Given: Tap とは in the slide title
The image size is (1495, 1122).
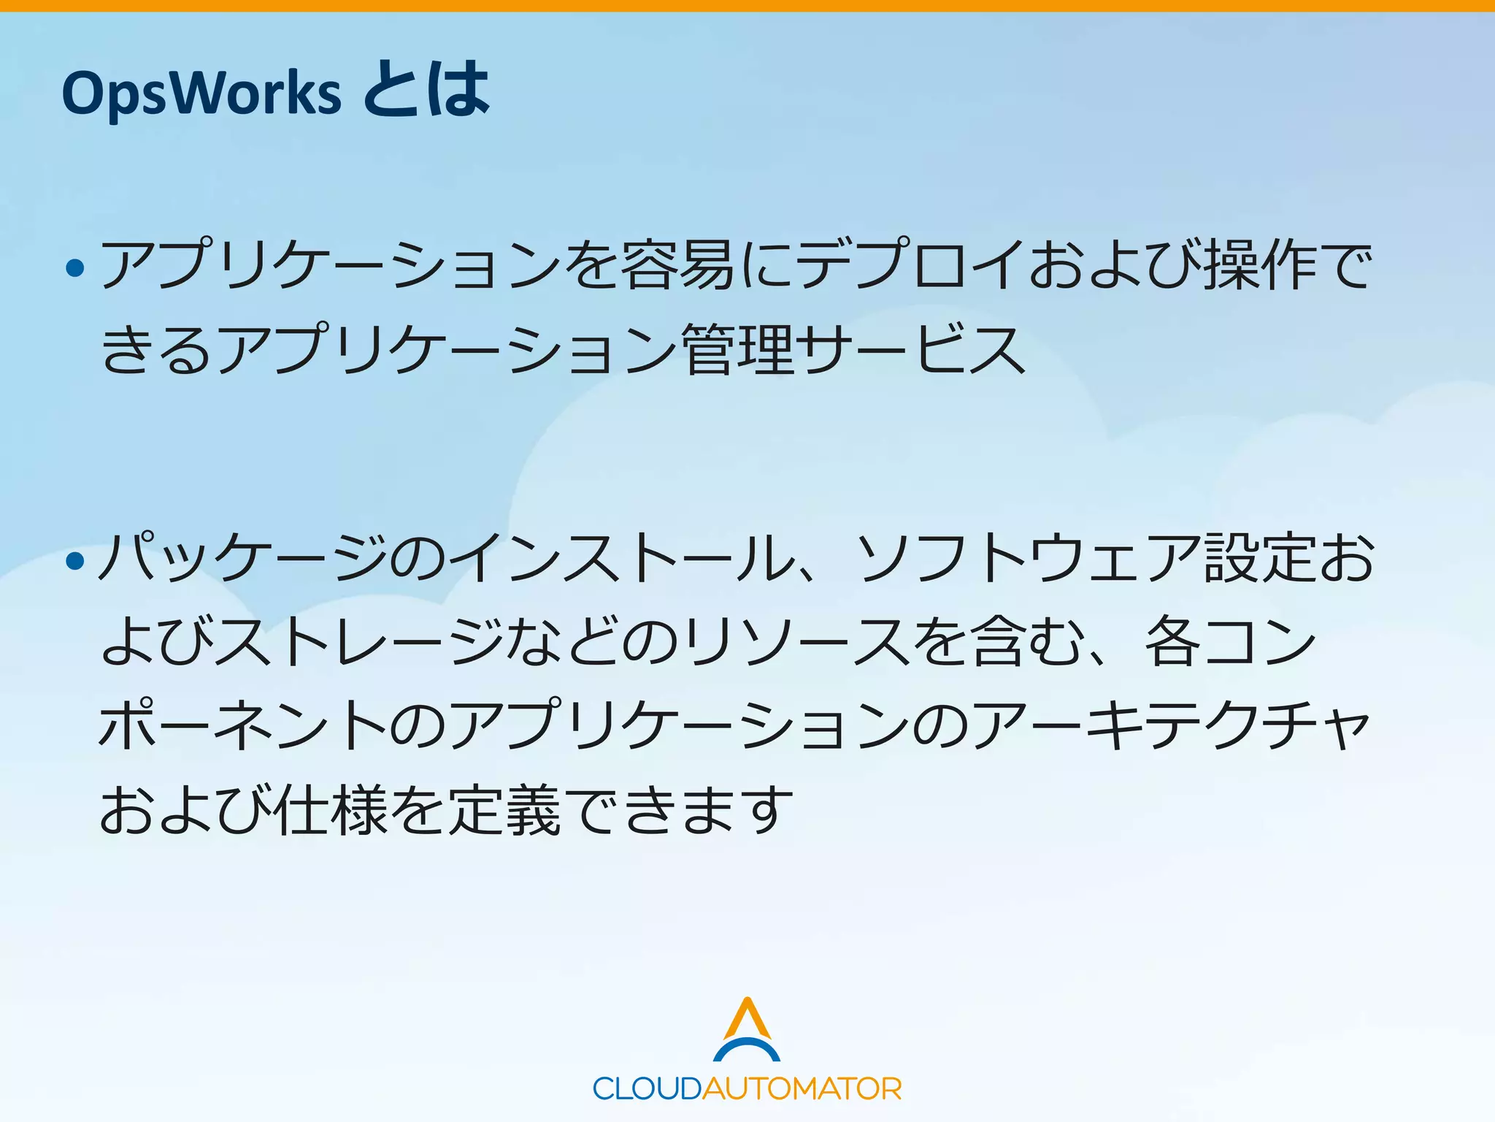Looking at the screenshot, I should tap(426, 91).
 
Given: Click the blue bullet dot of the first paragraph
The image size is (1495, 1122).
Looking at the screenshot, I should tap(75, 268).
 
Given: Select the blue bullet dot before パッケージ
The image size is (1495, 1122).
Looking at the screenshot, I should tap(75, 561).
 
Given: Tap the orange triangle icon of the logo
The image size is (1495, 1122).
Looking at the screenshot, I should tap(747, 1018).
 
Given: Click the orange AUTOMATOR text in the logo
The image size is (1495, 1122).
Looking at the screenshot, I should tap(802, 1089).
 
